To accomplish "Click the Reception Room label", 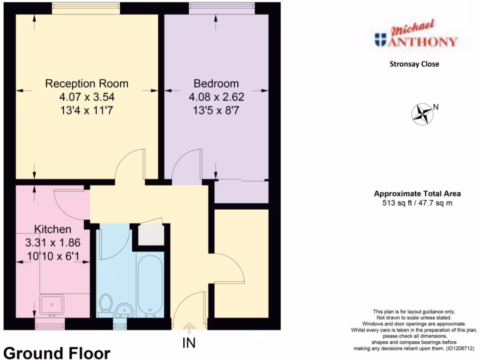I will click(x=87, y=84).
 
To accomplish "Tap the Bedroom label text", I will click(x=216, y=84).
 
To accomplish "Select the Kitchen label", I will click(x=52, y=230).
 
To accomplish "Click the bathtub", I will click(x=150, y=284).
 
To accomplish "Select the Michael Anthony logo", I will click(x=416, y=35).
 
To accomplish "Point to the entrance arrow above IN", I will click(x=189, y=327).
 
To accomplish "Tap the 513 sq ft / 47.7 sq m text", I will click(x=417, y=203).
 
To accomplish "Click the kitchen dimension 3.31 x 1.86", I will click(x=52, y=243).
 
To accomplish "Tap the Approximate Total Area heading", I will click(x=417, y=193).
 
